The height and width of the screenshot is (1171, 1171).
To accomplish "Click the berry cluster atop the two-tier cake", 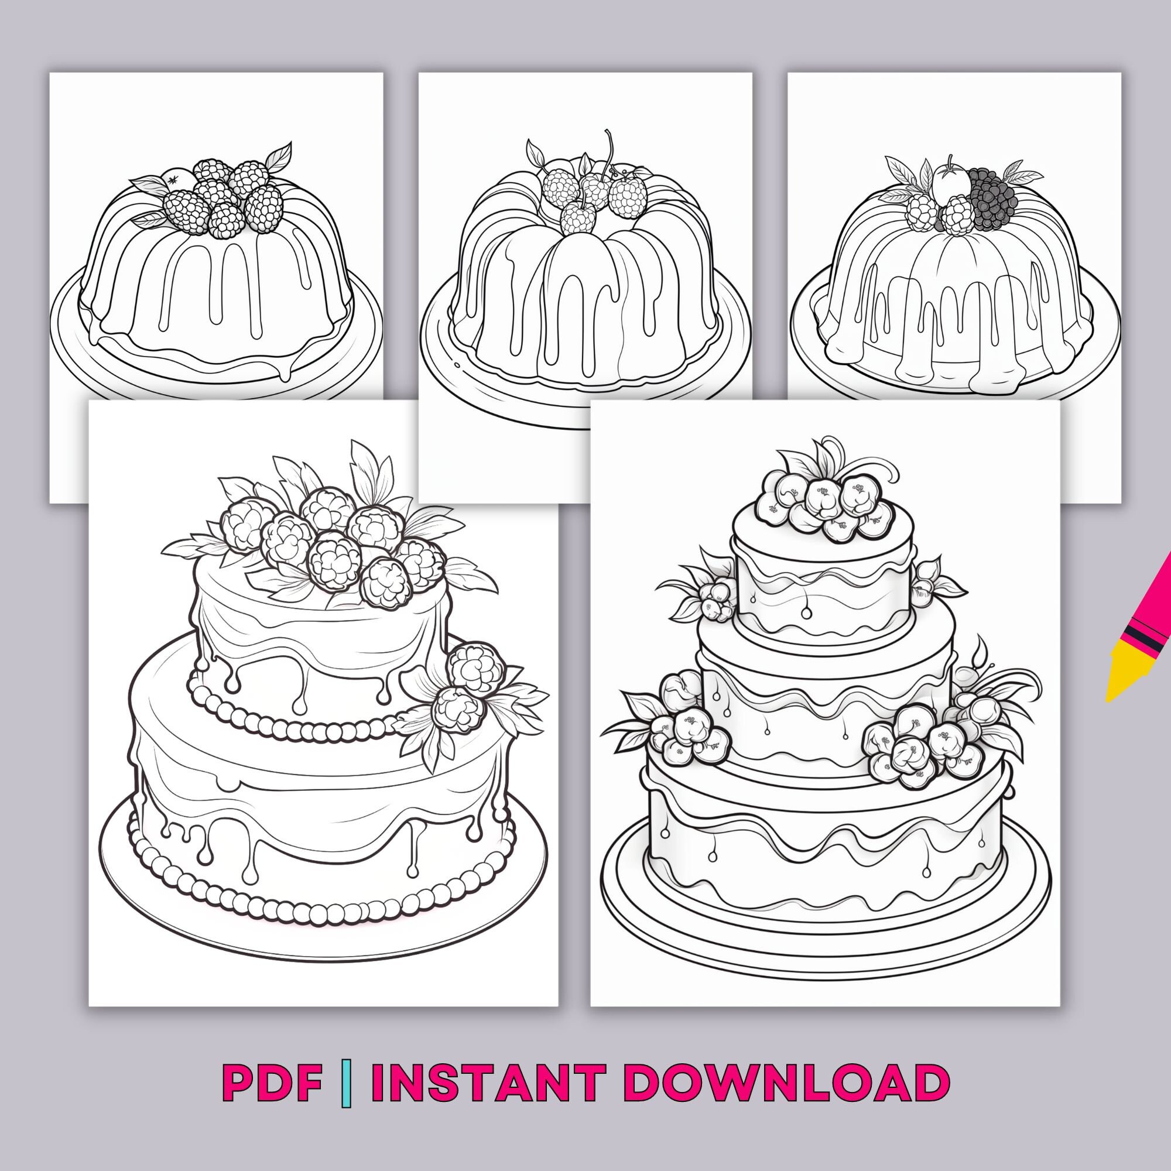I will [x=327, y=543].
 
